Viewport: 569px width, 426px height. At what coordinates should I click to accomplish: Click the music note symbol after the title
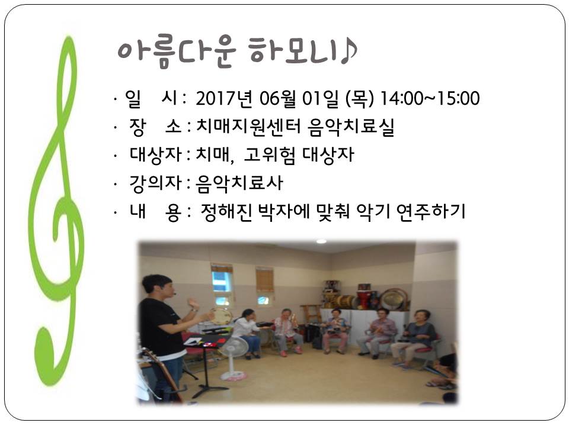(349, 51)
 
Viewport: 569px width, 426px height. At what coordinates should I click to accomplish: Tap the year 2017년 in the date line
(224, 99)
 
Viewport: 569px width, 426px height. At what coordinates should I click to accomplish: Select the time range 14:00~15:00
(430, 99)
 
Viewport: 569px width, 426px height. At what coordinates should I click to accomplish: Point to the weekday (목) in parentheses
(360, 99)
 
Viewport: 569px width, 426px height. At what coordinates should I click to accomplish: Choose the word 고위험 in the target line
(269, 155)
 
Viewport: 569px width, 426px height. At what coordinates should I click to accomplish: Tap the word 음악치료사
(239, 183)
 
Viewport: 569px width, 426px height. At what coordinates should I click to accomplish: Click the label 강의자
(155, 183)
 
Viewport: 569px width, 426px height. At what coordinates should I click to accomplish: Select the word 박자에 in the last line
(283, 212)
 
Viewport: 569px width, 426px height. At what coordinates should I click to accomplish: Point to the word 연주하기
(431, 212)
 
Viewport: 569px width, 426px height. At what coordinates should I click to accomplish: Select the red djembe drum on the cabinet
(365, 298)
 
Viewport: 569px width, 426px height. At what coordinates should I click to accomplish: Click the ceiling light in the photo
(321, 241)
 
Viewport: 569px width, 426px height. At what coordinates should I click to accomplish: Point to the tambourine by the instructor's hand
(220, 316)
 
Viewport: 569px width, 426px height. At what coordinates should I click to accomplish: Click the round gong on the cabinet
(393, 299)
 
